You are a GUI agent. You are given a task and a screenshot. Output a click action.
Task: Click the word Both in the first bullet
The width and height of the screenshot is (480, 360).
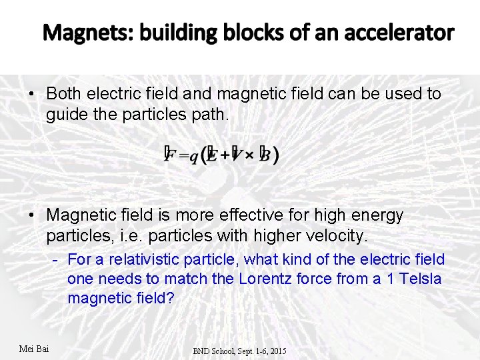64,93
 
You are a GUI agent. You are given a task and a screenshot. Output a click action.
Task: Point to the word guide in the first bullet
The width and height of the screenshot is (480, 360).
65,115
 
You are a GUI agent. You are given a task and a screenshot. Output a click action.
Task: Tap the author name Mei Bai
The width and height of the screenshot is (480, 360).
34,348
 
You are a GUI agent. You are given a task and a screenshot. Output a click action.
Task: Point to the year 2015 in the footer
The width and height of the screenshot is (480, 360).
276,350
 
